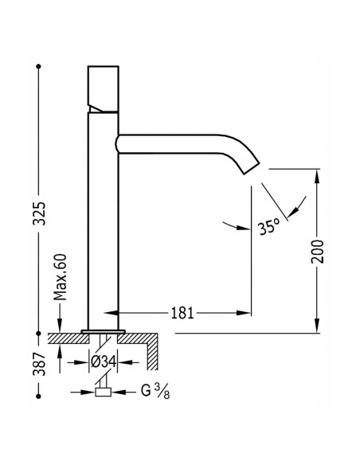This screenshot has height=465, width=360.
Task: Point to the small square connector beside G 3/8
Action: [101, 392]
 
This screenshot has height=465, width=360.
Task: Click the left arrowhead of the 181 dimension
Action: [123, 313]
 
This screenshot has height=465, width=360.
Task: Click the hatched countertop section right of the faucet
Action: [151, 340]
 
